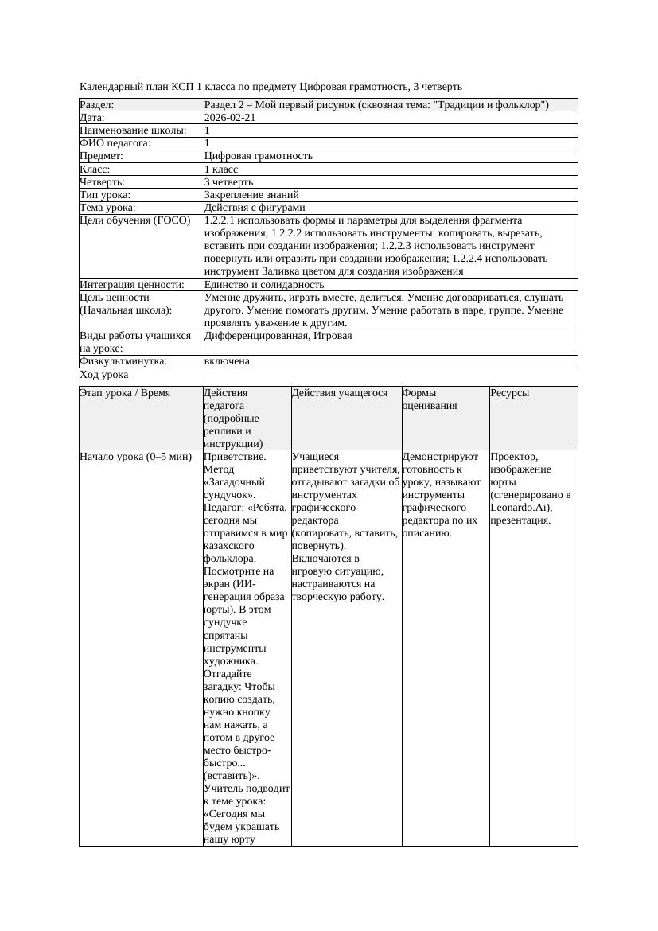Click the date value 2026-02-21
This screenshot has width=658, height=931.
point(231,118)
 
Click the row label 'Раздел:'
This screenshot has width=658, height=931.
point(97,105)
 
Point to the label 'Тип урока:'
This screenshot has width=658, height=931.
point(105,194)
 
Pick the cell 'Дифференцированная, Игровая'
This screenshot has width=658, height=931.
point(278,336)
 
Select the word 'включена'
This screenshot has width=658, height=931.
point(227,361)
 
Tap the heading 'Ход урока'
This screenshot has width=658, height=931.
point(104,375)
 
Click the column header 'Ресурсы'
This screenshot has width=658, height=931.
point(509,393)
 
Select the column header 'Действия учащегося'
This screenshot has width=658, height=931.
point(340,393)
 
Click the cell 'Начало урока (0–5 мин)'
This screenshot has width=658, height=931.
point(136,457)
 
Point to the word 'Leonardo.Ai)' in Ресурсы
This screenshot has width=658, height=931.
point(520,508)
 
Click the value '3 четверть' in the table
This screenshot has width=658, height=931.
point(229,181)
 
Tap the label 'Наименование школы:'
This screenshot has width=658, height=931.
point(134,130)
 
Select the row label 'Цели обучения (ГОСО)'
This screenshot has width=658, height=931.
point(135,220)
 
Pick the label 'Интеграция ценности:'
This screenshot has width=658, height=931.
point(132,284)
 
